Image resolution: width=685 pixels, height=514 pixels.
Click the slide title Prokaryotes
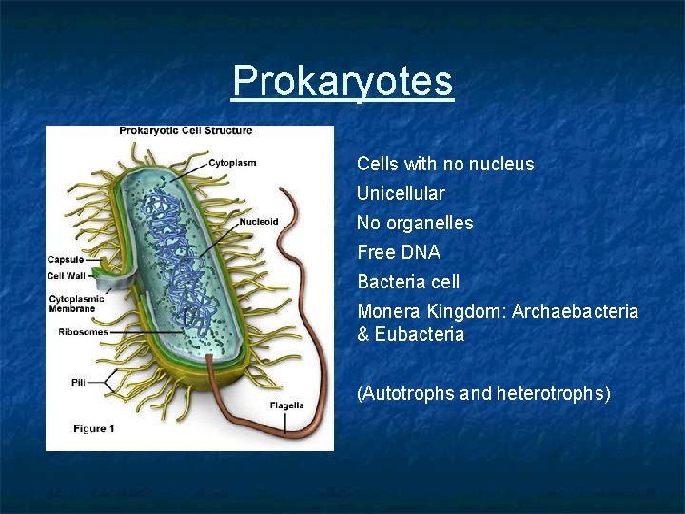(342, 81)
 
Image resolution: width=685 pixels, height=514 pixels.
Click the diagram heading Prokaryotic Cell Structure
(186, 131)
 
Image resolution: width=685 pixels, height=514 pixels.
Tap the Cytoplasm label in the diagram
(232, 162)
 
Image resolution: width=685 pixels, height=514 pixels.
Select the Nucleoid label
(259, 222)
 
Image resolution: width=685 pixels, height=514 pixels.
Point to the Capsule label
(66, 259)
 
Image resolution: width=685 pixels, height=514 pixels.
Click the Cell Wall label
(67, 276)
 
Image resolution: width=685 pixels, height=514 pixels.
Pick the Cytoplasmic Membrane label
(77, 303)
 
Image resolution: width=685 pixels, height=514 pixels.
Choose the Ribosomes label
(83, 332)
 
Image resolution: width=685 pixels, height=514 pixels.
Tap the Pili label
(78, 382)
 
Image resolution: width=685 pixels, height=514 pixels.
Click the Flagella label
(286, 405)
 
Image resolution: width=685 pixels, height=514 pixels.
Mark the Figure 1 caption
(94, 429)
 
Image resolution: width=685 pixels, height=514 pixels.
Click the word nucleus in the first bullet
(502, 164)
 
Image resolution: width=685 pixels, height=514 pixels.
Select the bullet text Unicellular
(401, 193)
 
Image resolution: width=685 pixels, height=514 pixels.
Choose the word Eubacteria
(420, 334)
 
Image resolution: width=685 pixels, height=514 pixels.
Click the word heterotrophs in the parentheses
(553, 393)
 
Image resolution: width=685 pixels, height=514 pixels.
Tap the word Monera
(389, 311)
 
